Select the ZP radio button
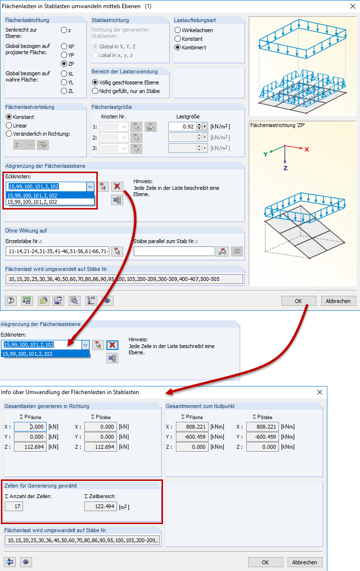pyautogui.click(x=64, y=63)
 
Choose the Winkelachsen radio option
pyautogui.click(x=178, y=30)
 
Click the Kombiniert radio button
pyautogui.click(x=178, y=47)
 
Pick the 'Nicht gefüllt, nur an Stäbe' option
pyautogui.click(x=95, y=91)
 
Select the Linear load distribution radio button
pyautogui.click(x=9, y=126)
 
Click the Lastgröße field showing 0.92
pyautogui.click(x=182, y=127)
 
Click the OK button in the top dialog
pyautogui.click(x=299, y=301)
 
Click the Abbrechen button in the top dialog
pyautogui.click(x=338, y=301)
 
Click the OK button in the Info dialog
pyautogui.click(x=265, y=562)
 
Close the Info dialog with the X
pyautogui.click(x=320, y=392)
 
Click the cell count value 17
pyautogui.click(x=14, y=506)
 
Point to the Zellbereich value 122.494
pyautogui.click(x=100, y=506)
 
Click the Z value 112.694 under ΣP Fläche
pyautogui.click(x=30, y=447)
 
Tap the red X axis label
pyautogui.click(x=307, y=149)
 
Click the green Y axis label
pyautogui.click(x=265, y=154)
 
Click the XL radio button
pyautogui.click(x=64, y=74)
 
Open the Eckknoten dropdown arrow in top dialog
pyautogui.click(x=90, y=186)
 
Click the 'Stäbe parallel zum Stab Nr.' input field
pyautogui.click(x=174, y=251)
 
